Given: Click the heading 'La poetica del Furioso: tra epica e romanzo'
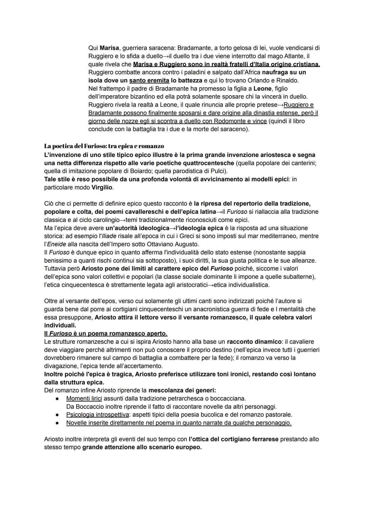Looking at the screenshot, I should coord(104,146).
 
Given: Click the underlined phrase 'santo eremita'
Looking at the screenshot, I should coord(149,80).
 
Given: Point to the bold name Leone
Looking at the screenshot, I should coord(262,88).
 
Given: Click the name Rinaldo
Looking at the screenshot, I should coord(287,80).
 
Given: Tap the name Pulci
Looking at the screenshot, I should coord(219,171).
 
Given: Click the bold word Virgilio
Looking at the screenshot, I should coord(102,187).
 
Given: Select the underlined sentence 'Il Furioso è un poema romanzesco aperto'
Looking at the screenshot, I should coord(106,334).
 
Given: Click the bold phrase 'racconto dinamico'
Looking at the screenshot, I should coord(254,342).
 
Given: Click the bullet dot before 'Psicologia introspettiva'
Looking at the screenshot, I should coord(58,415).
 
